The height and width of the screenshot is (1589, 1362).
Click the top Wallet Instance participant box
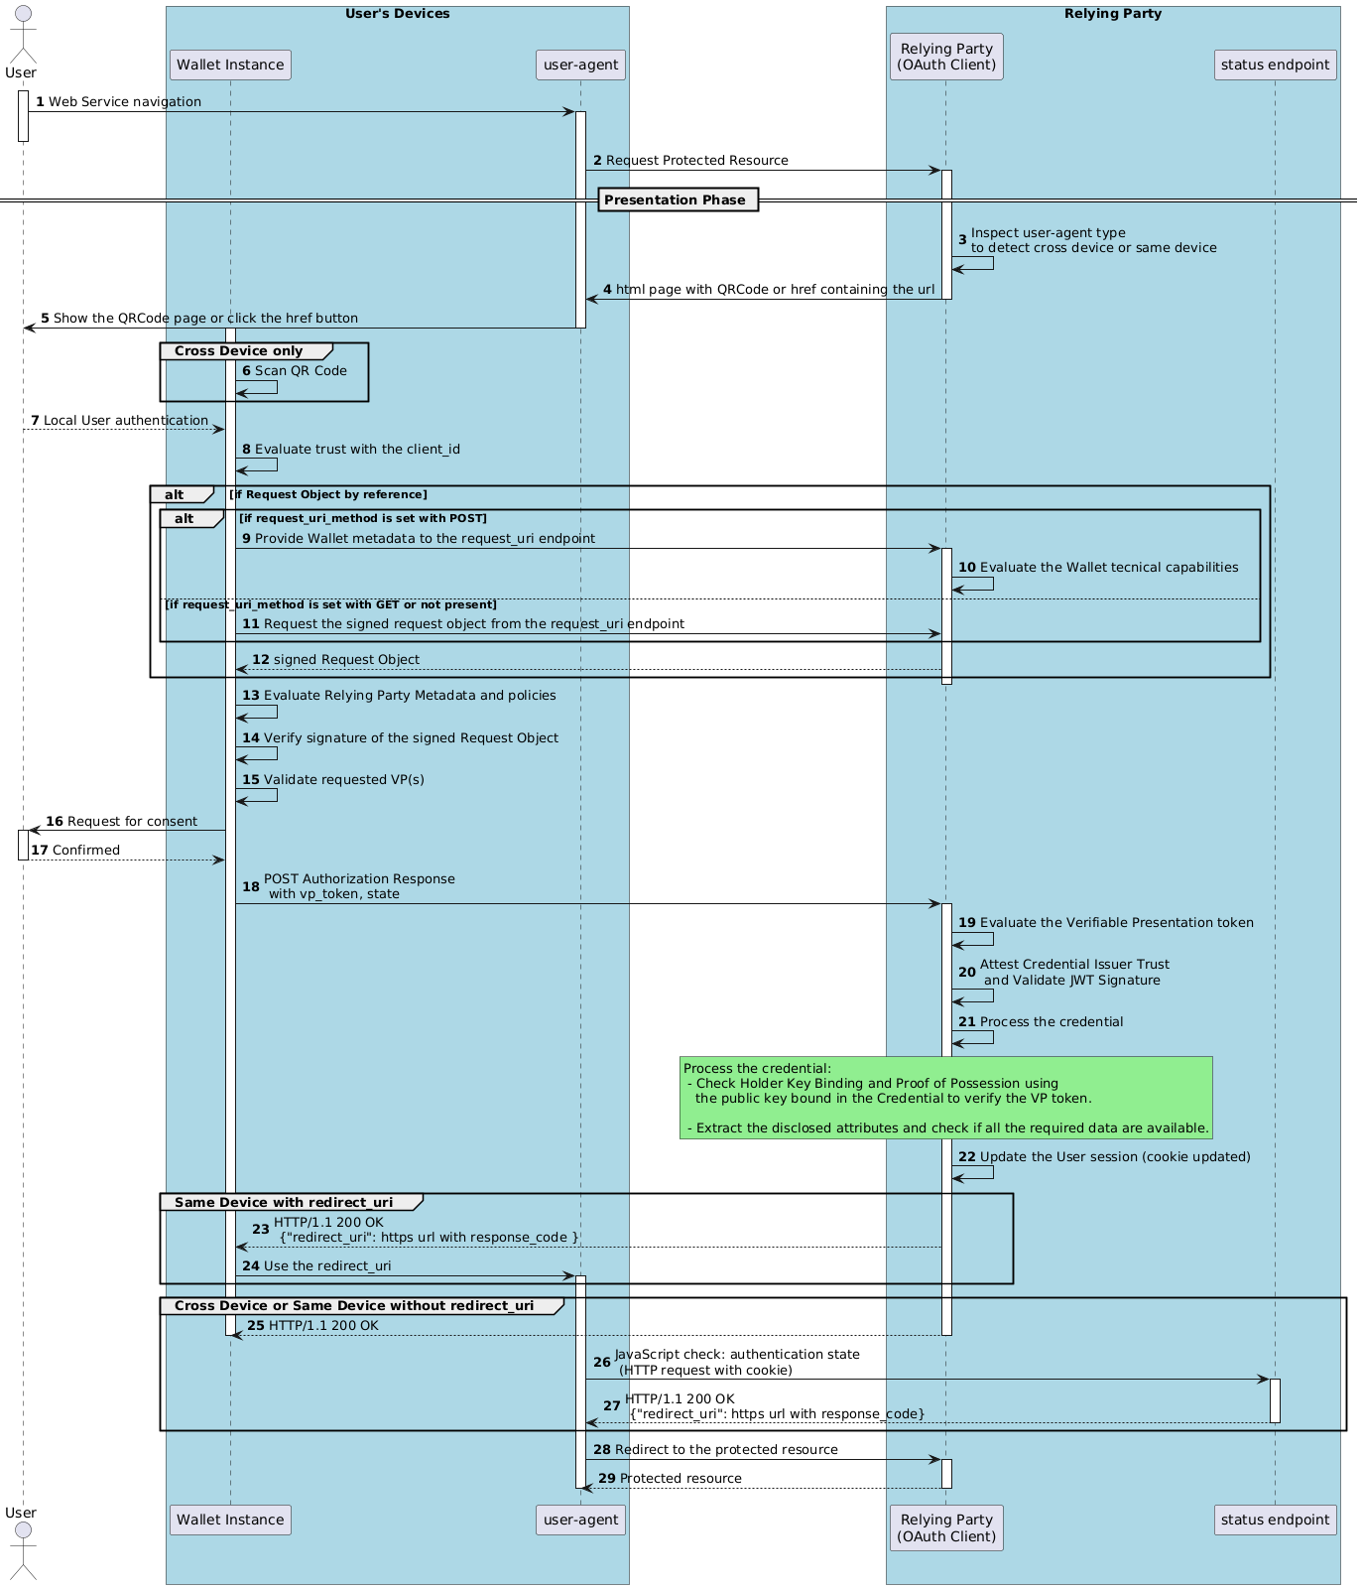[230, 66]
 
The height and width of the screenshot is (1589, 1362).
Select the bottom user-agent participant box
[581, 1520]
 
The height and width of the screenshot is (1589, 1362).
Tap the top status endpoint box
[1275, 66]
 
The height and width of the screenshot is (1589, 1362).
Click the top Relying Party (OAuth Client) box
[946, 57]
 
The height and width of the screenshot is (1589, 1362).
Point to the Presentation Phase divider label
[675, 200]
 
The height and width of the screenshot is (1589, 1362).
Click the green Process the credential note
[945, 1098]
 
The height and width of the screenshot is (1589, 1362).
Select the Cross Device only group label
[239, 351]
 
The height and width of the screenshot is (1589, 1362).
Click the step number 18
[251, 886]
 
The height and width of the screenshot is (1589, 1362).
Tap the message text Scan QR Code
[301, 371]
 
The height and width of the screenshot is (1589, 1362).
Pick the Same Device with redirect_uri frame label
[284, 1203]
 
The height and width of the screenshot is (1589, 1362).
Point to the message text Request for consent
[132, 822]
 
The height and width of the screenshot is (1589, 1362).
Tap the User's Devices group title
[397, 14]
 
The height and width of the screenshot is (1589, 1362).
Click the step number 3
[962, 241]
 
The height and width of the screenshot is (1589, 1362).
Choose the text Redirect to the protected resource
[726, 1450]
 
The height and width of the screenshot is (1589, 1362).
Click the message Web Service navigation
[125, 102]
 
